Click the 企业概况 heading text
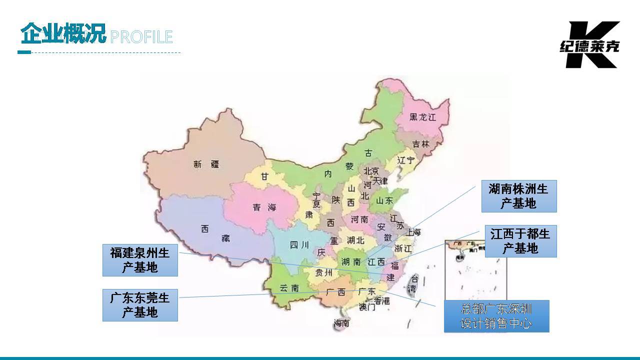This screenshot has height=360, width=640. click(63, 34)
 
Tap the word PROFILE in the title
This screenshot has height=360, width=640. click(141, 37)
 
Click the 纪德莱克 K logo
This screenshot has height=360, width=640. click(590, 44)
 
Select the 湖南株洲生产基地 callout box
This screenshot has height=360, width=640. click(518, 196)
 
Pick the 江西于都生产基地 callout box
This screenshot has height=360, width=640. click(520, 241)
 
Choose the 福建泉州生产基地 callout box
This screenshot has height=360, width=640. click(140, 260)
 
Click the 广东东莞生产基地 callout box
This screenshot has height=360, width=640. click(140, 305)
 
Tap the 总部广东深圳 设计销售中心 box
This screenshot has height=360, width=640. click(496, 316)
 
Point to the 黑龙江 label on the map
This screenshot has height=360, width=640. click(423, 117)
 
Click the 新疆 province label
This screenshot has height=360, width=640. click(206, 164)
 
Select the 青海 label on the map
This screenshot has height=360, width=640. click(263, 207)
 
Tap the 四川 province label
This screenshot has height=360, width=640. click(300, 245)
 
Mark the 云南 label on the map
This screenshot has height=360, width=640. click(289, 288)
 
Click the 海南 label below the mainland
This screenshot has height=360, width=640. click(342, 323)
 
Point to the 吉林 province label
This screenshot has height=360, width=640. click(421, 144)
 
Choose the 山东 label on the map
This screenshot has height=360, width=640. click(384, 200)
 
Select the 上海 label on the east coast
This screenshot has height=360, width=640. click(413, 232)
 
